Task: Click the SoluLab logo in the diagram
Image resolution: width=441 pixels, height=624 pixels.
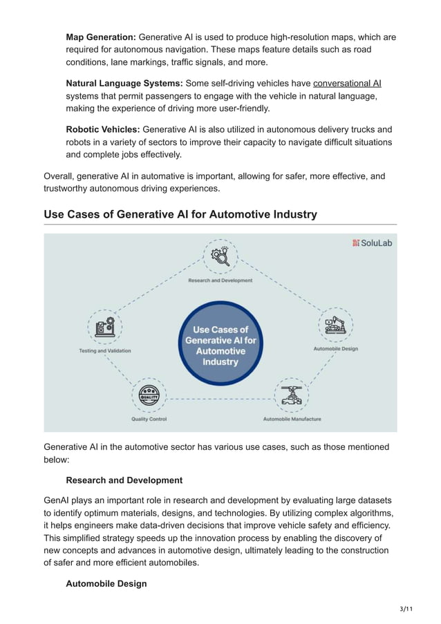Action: [x=373, y=243]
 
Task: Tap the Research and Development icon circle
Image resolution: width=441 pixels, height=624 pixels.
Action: [x=220, y=257]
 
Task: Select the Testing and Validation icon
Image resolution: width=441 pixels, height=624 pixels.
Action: [x=104, y=327]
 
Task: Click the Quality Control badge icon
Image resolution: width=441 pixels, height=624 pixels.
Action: [x=149, y=395]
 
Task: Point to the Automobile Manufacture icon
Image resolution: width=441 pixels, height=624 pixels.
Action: [x=292, y=395]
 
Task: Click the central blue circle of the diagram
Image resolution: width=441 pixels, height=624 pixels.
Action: [x=220, y=343]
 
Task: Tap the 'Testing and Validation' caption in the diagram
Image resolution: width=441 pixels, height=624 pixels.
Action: [x=104, y=351]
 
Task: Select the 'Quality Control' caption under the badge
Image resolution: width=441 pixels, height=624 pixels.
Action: [x=149, y=419]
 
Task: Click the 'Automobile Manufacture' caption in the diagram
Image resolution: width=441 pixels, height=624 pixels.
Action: [x=292, y=419]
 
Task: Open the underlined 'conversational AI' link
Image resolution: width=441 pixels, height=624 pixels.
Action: [x=347, y=84]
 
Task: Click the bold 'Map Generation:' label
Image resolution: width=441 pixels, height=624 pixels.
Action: [x=101, y=37]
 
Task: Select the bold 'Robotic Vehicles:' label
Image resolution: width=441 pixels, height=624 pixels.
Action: [x=102, y=130]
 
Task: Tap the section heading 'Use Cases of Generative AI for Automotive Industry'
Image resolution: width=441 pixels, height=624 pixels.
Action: [x=180, y=214]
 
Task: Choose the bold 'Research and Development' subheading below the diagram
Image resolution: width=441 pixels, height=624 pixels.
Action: [x=124, y=480]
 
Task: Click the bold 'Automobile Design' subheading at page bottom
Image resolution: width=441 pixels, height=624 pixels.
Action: [x=106, y=584]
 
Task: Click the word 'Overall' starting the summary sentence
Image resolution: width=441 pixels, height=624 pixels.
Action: [x=59, y=176]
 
